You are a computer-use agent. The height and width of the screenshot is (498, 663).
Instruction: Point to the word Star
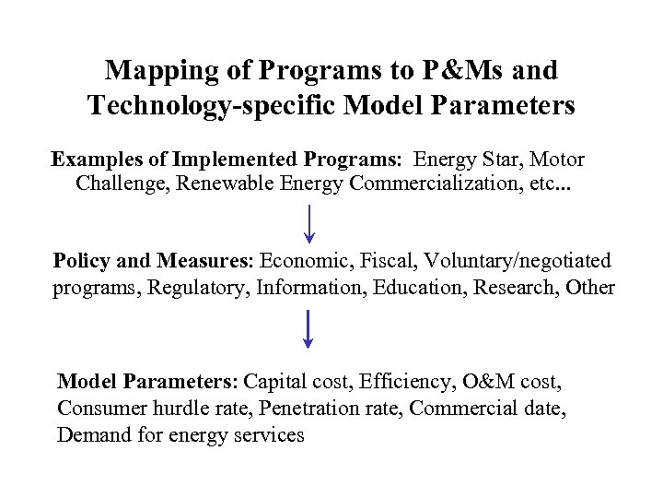(x=501, y=160)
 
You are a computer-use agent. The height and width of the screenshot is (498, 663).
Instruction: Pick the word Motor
(x=556, y=160)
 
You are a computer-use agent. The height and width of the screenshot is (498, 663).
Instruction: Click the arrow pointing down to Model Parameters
(x=308, y=329)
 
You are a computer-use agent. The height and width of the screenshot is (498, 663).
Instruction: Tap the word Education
(x=422, y=287)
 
